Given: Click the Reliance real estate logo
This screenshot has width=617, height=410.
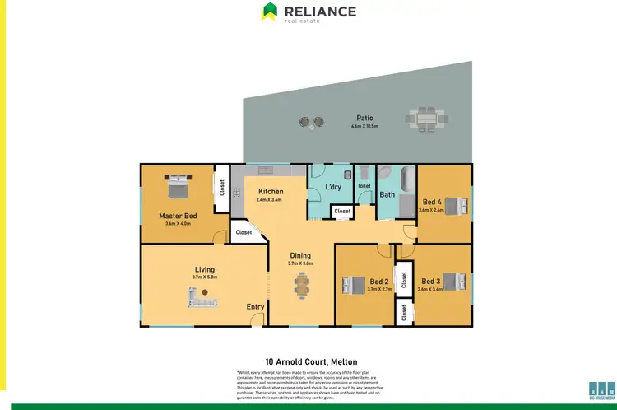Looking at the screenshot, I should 308,13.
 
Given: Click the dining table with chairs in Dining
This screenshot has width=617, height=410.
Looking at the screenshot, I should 301,285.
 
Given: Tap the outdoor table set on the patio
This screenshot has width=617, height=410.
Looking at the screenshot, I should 426,119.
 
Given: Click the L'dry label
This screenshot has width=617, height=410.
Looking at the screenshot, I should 333,187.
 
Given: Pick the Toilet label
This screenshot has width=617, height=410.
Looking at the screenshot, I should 364,186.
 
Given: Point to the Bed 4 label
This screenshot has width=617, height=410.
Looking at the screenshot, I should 433,202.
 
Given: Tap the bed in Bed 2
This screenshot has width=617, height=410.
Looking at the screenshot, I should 354,286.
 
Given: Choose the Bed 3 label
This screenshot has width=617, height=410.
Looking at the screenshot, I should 432,282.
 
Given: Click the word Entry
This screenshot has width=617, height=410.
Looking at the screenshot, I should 256,307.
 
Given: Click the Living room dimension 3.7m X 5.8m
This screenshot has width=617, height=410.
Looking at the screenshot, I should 205,277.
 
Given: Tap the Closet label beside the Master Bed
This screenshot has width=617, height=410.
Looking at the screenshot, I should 221,187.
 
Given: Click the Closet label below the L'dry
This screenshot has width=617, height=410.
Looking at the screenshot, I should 342,212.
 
